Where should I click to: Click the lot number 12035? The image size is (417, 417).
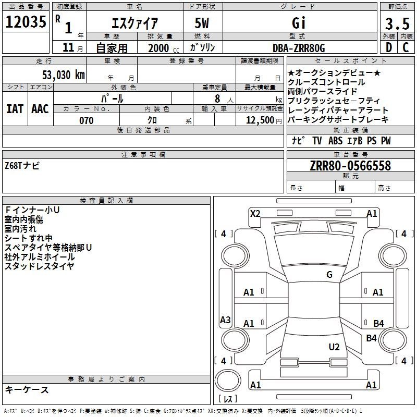[x=26, y=22]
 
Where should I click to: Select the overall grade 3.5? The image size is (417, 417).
[x=397, y=23]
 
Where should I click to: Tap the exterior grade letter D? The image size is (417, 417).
[x=389, y=47]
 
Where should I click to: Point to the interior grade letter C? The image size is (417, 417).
[x=406, y=47]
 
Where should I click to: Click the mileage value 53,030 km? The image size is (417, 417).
[x=64, y=75]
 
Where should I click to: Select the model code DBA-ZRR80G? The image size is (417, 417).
[x=299, y=48]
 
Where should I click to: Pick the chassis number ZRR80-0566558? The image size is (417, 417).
[x=350, y=166]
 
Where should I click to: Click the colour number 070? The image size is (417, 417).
[x=87, y=120]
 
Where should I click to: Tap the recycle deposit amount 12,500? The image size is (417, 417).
[x=260, y=120]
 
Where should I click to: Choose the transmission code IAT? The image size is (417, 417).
[x=15, y=109]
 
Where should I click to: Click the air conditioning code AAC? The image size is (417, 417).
[x=40, y=109]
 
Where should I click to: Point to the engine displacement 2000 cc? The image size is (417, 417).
[x=164, y=48]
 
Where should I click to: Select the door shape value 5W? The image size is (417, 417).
[x=202, y=23]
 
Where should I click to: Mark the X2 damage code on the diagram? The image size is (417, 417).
[x=255, y=214]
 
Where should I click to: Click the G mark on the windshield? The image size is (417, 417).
[x=329, y=274]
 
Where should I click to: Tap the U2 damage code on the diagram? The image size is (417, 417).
[x=334, y=347]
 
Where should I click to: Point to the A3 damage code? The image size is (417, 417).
[x=225, y=320]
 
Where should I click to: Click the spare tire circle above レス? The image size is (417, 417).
[x=228, y=381]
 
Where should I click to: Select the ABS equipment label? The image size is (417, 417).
[x=335, y=141]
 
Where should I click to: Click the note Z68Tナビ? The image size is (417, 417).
[x=22, y=166]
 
